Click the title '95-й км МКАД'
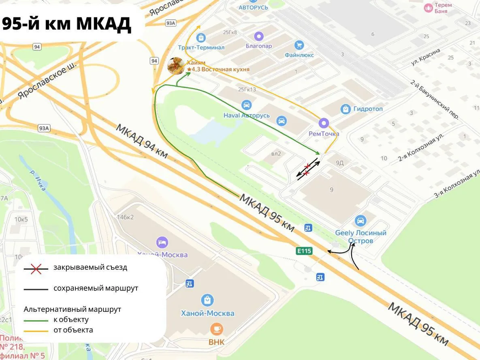(67, 24)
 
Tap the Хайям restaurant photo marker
(176, 66)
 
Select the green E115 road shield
(304, 251)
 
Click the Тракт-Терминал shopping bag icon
(201, 38)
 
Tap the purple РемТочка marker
(324, 123)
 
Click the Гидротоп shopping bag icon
(346, 109)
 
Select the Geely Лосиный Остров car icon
(360, 221)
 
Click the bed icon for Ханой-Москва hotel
(162, 243)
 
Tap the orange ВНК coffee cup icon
(216, 329)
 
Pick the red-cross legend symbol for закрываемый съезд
(36, 268)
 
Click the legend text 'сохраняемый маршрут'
(96, 288)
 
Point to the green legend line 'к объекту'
(36, 320)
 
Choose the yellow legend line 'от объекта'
(36, 330)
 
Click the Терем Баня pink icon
(428, 8)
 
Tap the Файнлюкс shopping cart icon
(299, 45)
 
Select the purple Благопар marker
(259, 36)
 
